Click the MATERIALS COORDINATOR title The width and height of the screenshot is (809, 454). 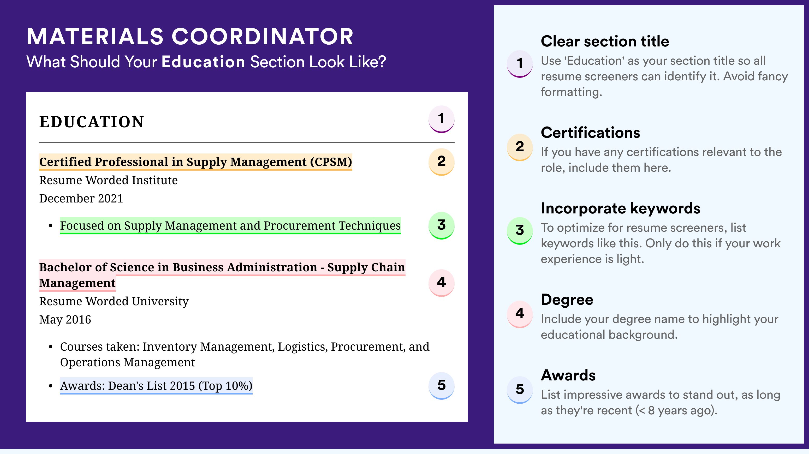pyautogui.click(x=190, y=37)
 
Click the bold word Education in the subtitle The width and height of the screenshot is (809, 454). pyautogui.click(x=203, y=62)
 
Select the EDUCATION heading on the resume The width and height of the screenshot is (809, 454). pyautogui.click(x=91, y=122)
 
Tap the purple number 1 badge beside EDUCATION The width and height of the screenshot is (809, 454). pyautogui.click(x=441, y=119)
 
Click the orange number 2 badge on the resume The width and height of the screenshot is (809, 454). pyautogui.click(x=441, y=162)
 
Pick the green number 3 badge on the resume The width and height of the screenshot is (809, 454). pyautogui.click(x=441, y=225)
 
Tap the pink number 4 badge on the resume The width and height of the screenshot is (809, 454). pyautogui.click(x=441, y=283)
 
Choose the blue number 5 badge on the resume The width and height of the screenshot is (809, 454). pyautogui.click(x=441, y=386)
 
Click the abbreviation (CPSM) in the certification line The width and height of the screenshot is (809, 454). pyautogui.click(x=331, y=162)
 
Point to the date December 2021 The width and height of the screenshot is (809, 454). pyautogui.click(x=81, y=198)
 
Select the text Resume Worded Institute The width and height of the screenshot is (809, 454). pyautogui.click(x=108, y=180)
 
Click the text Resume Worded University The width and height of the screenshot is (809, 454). pyautogui.click(x=114, y=301)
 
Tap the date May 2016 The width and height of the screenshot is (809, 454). pyautogui.click(x=65, y=320)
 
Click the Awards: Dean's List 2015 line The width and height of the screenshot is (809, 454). pyautogui.click(x=156, y=386)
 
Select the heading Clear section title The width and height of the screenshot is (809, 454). pyautogui.click(x=605, y=41)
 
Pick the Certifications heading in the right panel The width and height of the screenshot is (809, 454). pyautogui.click(x=590, y=133)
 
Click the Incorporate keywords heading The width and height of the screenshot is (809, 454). pyautogui.click(x=621, y=208)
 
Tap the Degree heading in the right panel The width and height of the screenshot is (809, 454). pyautogui.click(x=567, y=300)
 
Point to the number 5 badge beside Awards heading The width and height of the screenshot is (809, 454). pyautogui.click(x=520, y=390)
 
